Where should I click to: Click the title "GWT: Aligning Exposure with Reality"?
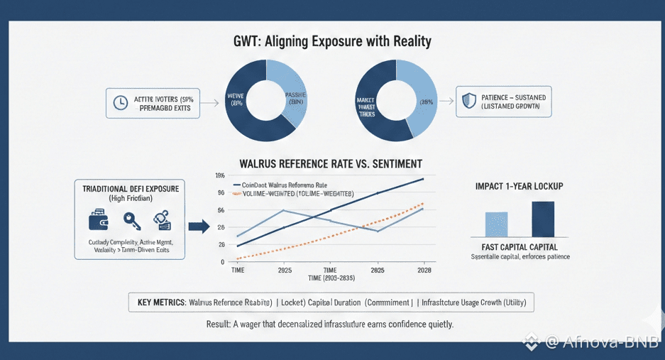[332, 42]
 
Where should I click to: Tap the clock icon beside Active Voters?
[120, 103]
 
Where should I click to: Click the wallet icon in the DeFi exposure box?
[98, 221]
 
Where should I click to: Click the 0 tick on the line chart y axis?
[222, 261]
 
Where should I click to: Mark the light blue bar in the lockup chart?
[497, 224]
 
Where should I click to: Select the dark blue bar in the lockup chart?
[543, 219]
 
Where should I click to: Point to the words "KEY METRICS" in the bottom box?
[160, 302]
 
